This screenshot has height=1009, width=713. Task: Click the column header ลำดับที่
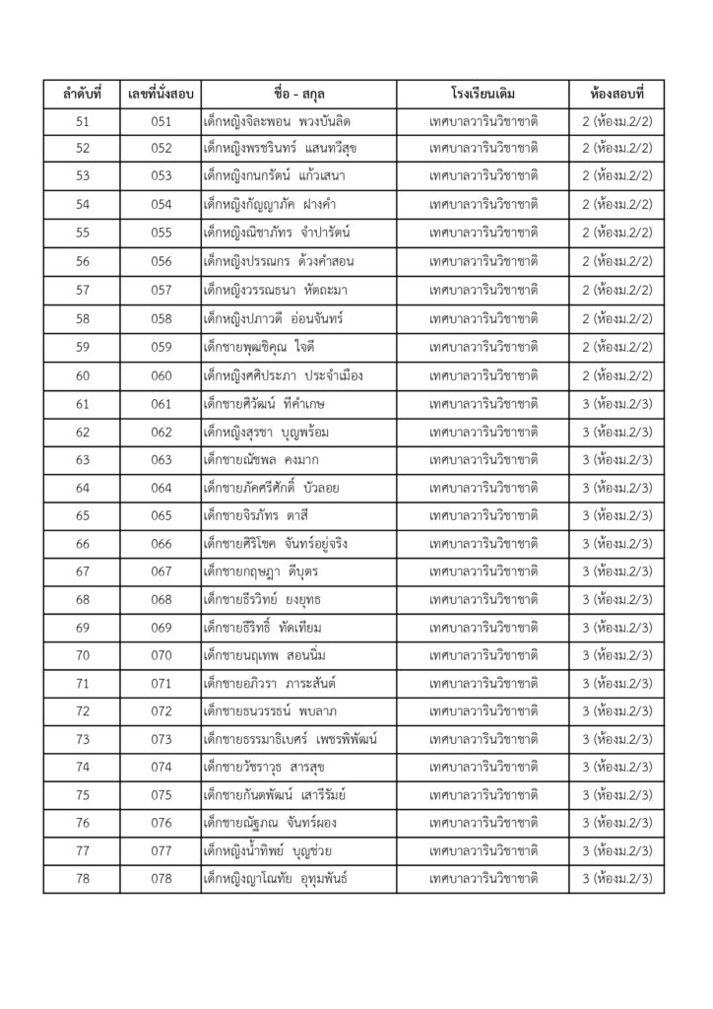point(82,95)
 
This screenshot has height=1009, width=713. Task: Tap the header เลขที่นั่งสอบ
point(161,95)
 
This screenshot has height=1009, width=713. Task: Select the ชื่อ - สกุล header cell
point(297,95)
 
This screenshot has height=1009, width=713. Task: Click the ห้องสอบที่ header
point(615,95)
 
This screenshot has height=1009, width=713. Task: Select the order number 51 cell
point(82,121)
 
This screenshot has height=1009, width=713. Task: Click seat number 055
point(161,235)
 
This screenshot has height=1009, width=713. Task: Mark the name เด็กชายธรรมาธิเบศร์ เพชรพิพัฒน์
point(291,739)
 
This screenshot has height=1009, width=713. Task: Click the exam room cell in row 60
point(615,376)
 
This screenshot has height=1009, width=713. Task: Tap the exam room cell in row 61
point(615,405)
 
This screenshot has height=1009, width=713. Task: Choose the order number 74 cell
point(82,766)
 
